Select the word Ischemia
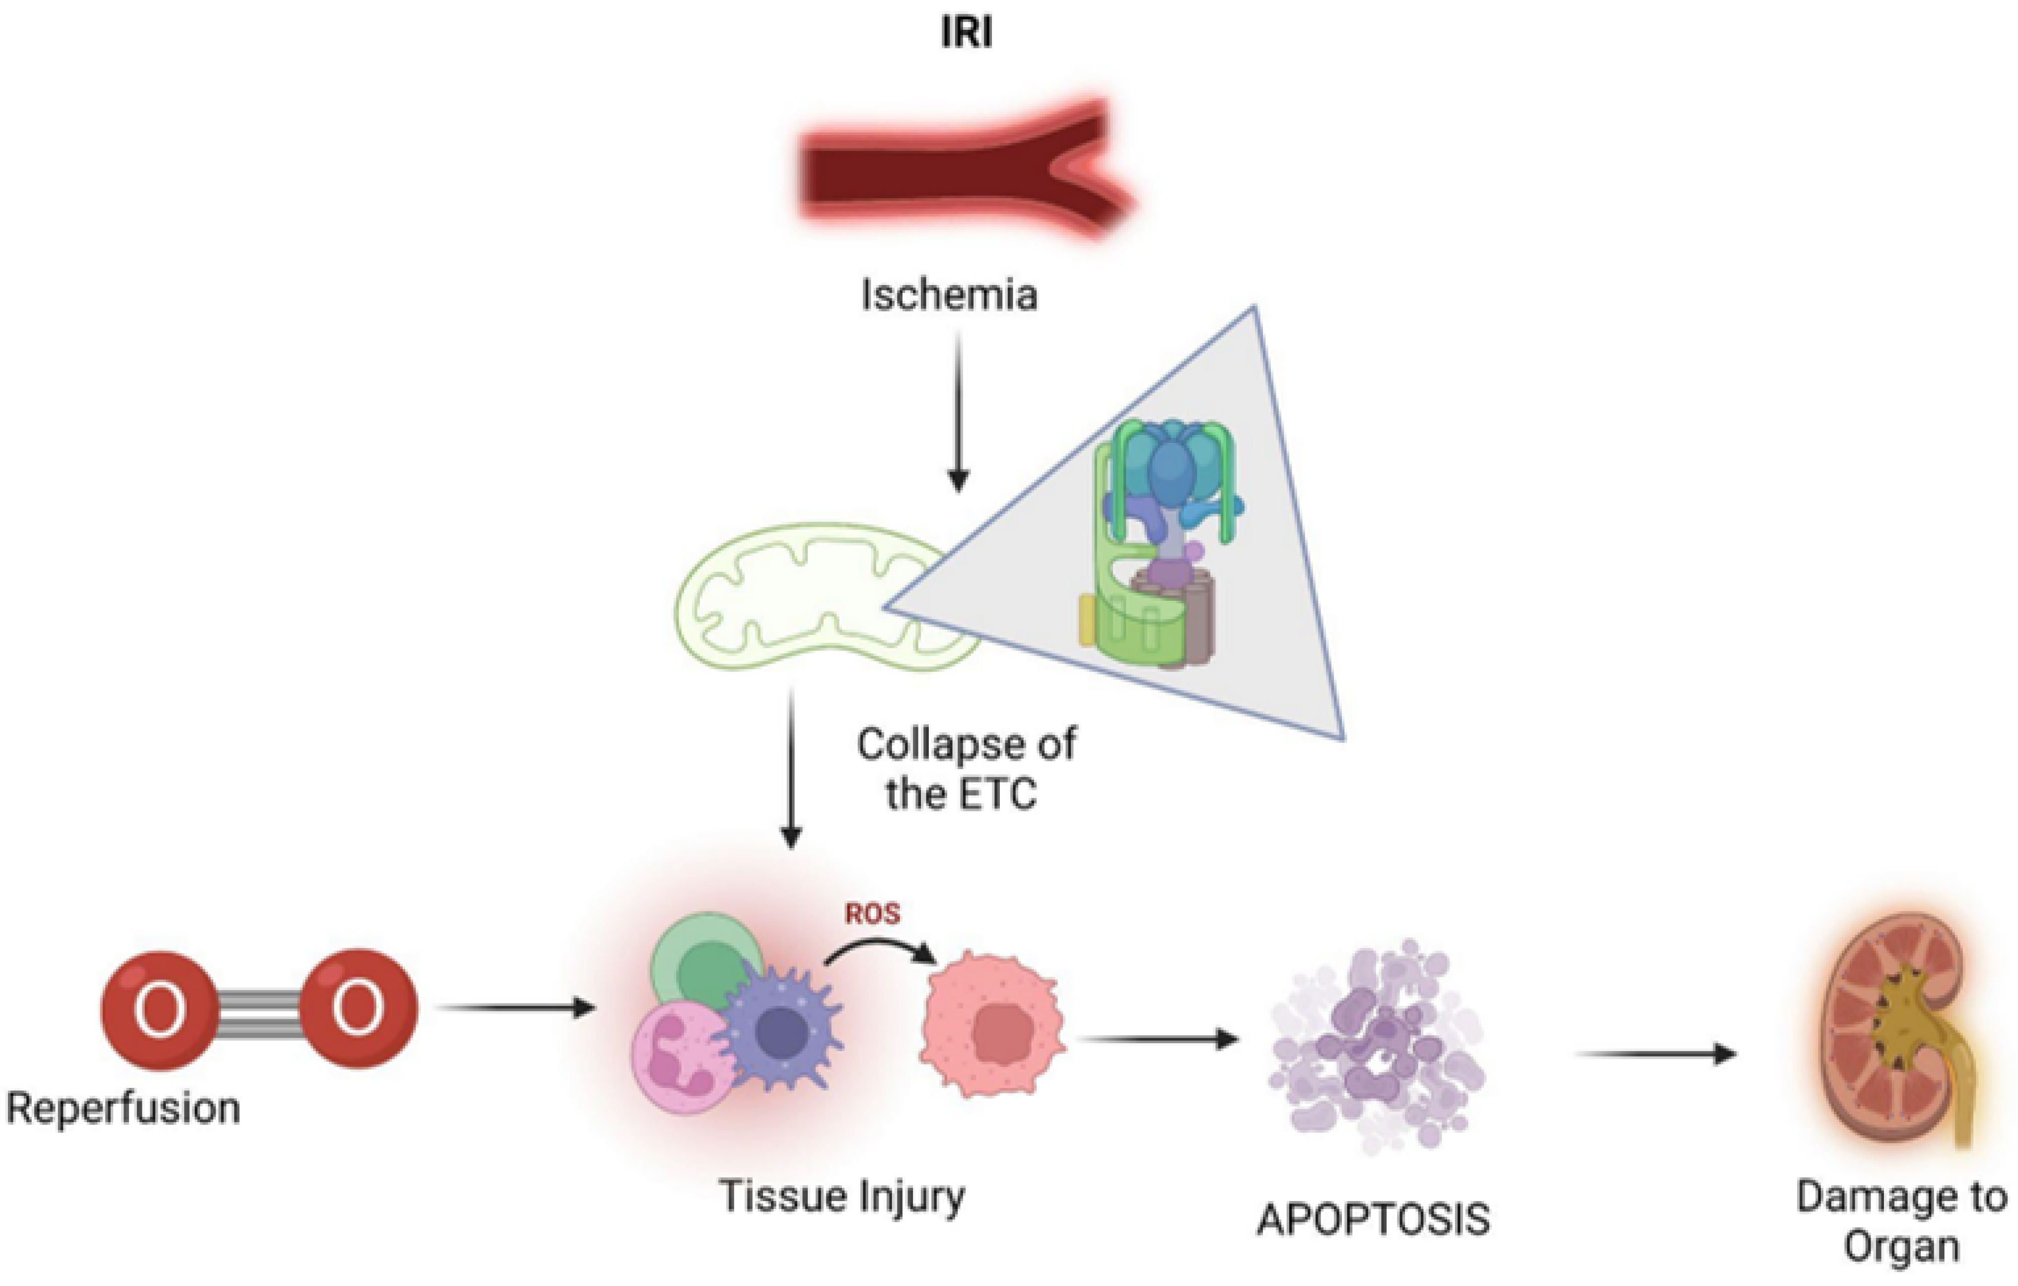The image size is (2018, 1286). tap(950, 295)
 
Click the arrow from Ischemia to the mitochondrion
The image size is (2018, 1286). tap(958, 411)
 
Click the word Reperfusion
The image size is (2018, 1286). tap(123, 1108)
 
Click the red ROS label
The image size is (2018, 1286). tap(872, 913)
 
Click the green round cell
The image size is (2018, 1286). tap(708, 964)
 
